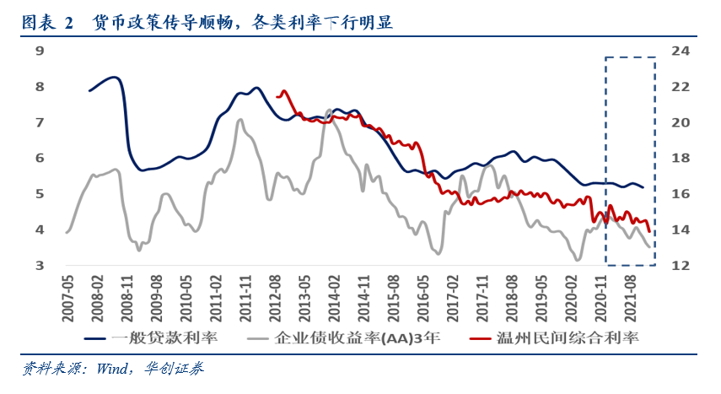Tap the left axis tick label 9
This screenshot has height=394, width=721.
click(x=40, y=51)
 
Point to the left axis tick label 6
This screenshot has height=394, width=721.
click(x=40, y=158)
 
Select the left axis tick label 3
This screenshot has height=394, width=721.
click(x=40, y=266)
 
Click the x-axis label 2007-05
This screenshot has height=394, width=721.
click(x=67, y=295)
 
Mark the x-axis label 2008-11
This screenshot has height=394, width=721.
click(x=126, y=295)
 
